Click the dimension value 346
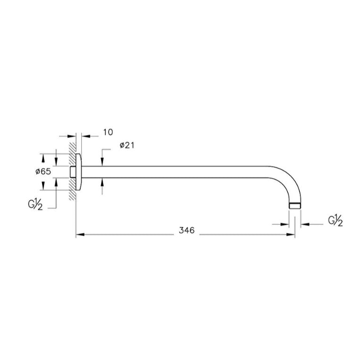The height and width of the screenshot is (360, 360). point(187,230)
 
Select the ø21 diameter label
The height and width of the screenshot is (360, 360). point(127,145)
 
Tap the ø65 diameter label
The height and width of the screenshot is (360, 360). point(43,171)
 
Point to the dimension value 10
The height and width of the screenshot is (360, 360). point(108,132)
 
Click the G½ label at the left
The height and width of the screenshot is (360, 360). point(35,204)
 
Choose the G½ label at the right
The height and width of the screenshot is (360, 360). point(335,221)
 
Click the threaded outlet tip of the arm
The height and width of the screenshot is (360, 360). point(295,206)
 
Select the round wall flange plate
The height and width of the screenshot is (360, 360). point(78,172)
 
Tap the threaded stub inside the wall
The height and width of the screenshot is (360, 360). point(73,172)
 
